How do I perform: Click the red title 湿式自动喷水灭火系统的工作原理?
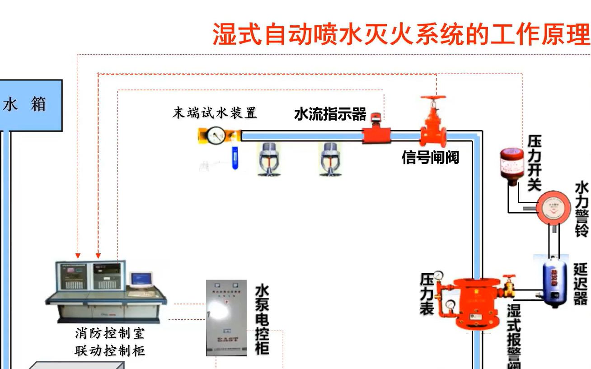(x=401, y=34)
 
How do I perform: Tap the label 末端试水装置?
(x=214, y=113)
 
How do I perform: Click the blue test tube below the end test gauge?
(x=235, y=158)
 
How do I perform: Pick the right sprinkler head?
(x=328, y=159)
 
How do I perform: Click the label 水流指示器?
(x=330, y=114)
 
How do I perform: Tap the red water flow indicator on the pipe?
(x=376, y=133)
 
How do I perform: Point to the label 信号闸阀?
(x=430, y=157)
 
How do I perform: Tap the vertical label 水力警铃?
(x=582, y=210)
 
